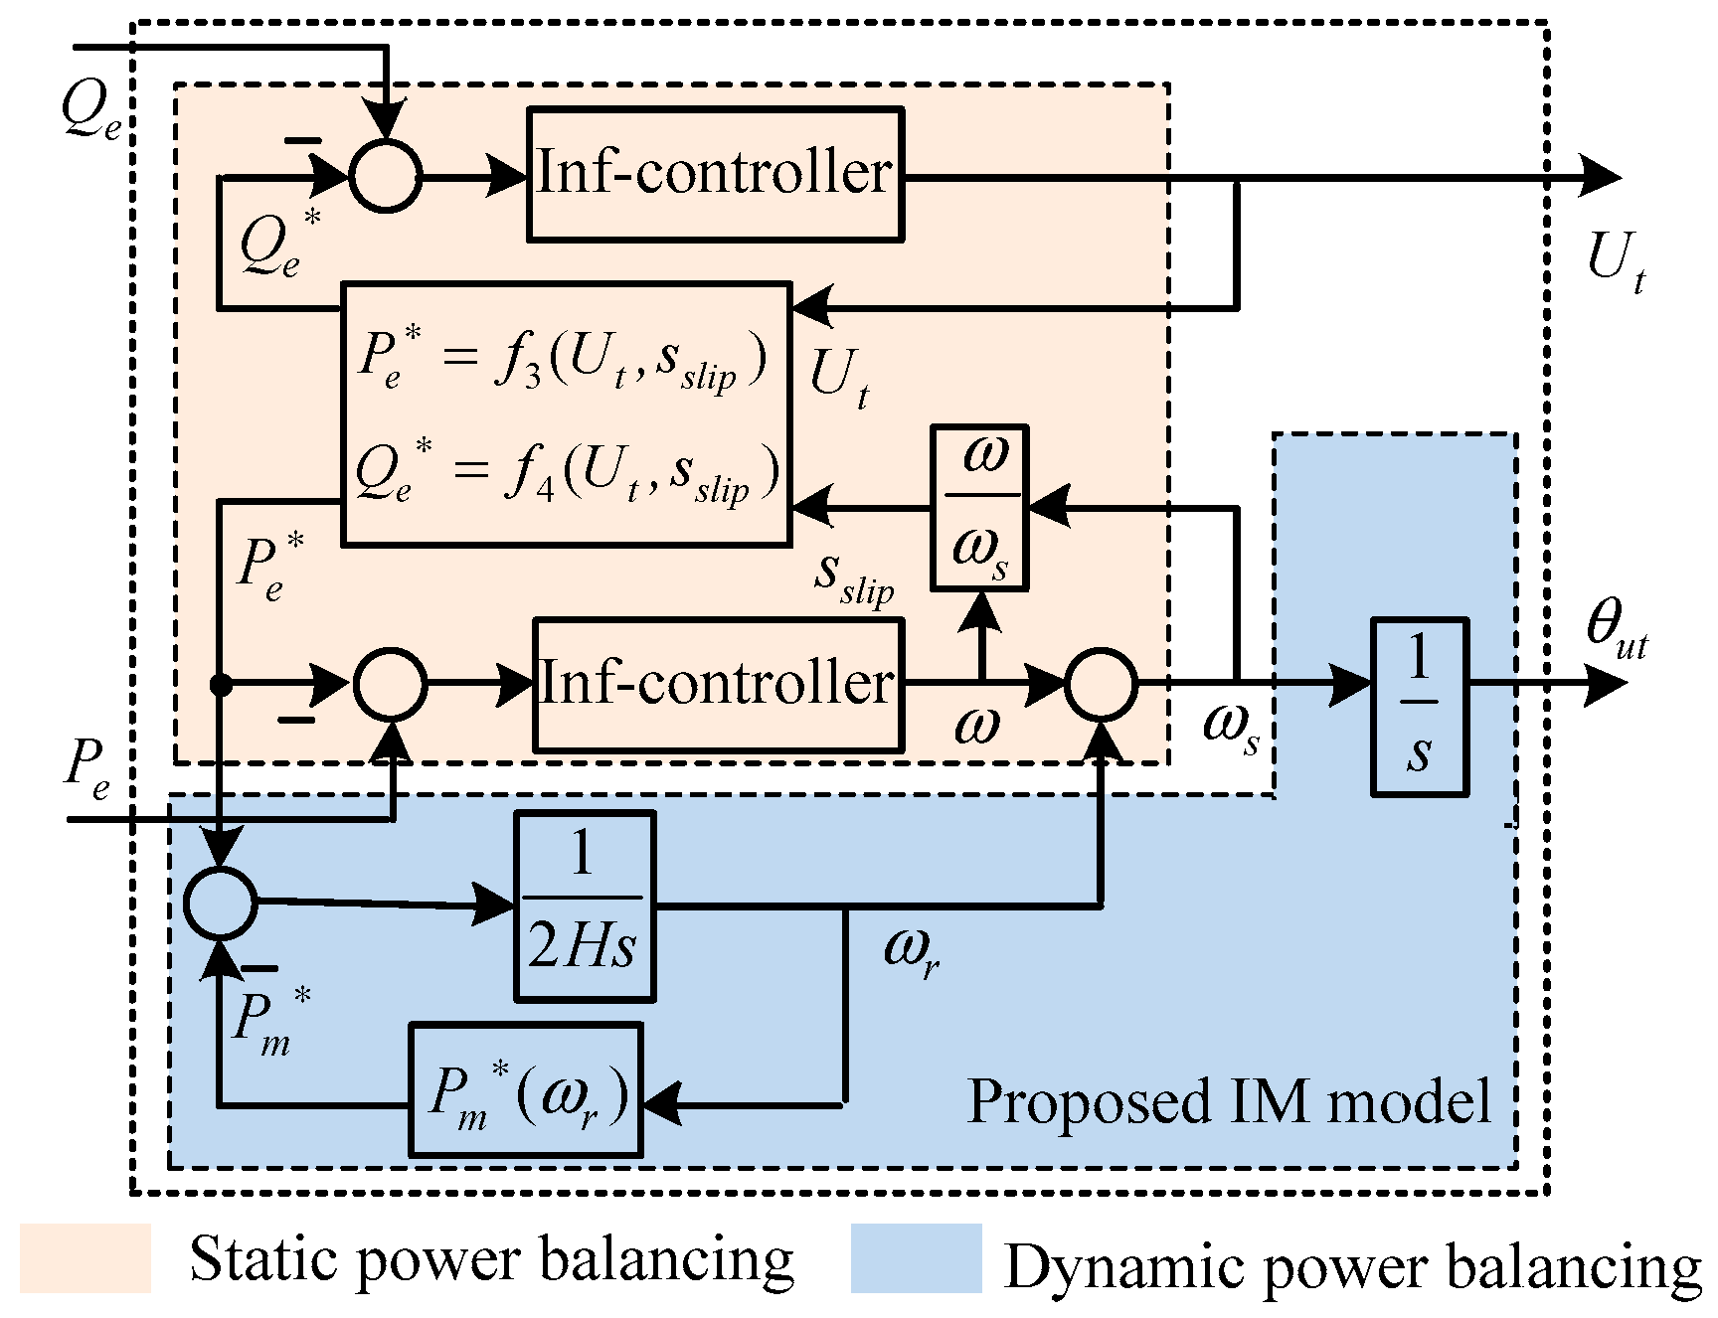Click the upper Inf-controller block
click(x=715, y=175)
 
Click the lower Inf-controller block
click(x=718, y=684)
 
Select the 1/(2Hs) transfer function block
click(x=585, y=906)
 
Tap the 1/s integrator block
click(x=1419, y=707)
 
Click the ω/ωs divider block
click(x=979, y=508)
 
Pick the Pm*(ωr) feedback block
click(x=525, y=1090)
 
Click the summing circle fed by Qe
click(x=386, y=177)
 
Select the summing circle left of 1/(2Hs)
click(x=221, y=902)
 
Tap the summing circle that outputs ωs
click(x=1101, y=684)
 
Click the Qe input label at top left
click(x=89, y=109)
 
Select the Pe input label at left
click(x=87, y=769)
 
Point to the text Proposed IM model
click(x=1229, y=1101)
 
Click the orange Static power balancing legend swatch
click(x=86, y=1257)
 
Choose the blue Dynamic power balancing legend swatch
click(x=916, y=1257)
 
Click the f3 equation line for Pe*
click(x=563, y=360)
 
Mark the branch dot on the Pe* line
click(x=221, y=684)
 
